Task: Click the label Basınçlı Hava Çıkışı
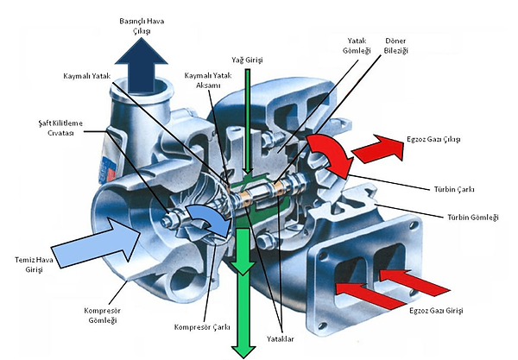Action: [142, 26]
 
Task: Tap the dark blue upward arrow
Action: [142, 65]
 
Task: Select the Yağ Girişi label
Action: [247, 60]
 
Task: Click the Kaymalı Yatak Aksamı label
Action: [208, 80]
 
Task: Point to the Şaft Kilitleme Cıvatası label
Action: [60, 128]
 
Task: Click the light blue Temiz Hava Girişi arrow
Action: [96, 242]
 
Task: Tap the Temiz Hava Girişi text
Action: [34, 264]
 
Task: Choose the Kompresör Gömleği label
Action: [103, 315]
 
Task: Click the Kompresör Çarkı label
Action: [202, 327]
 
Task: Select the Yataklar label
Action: [280, 339]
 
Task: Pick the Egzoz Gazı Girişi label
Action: [436, 311]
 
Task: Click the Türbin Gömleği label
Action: [473, 218]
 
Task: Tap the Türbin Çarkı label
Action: [454, 190]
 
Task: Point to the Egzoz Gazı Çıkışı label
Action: [433, 139]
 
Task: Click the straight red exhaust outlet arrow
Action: [379, 148]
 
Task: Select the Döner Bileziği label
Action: [395, 46]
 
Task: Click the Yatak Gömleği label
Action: [357, 46]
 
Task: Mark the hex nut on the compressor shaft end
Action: [169, 220]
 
